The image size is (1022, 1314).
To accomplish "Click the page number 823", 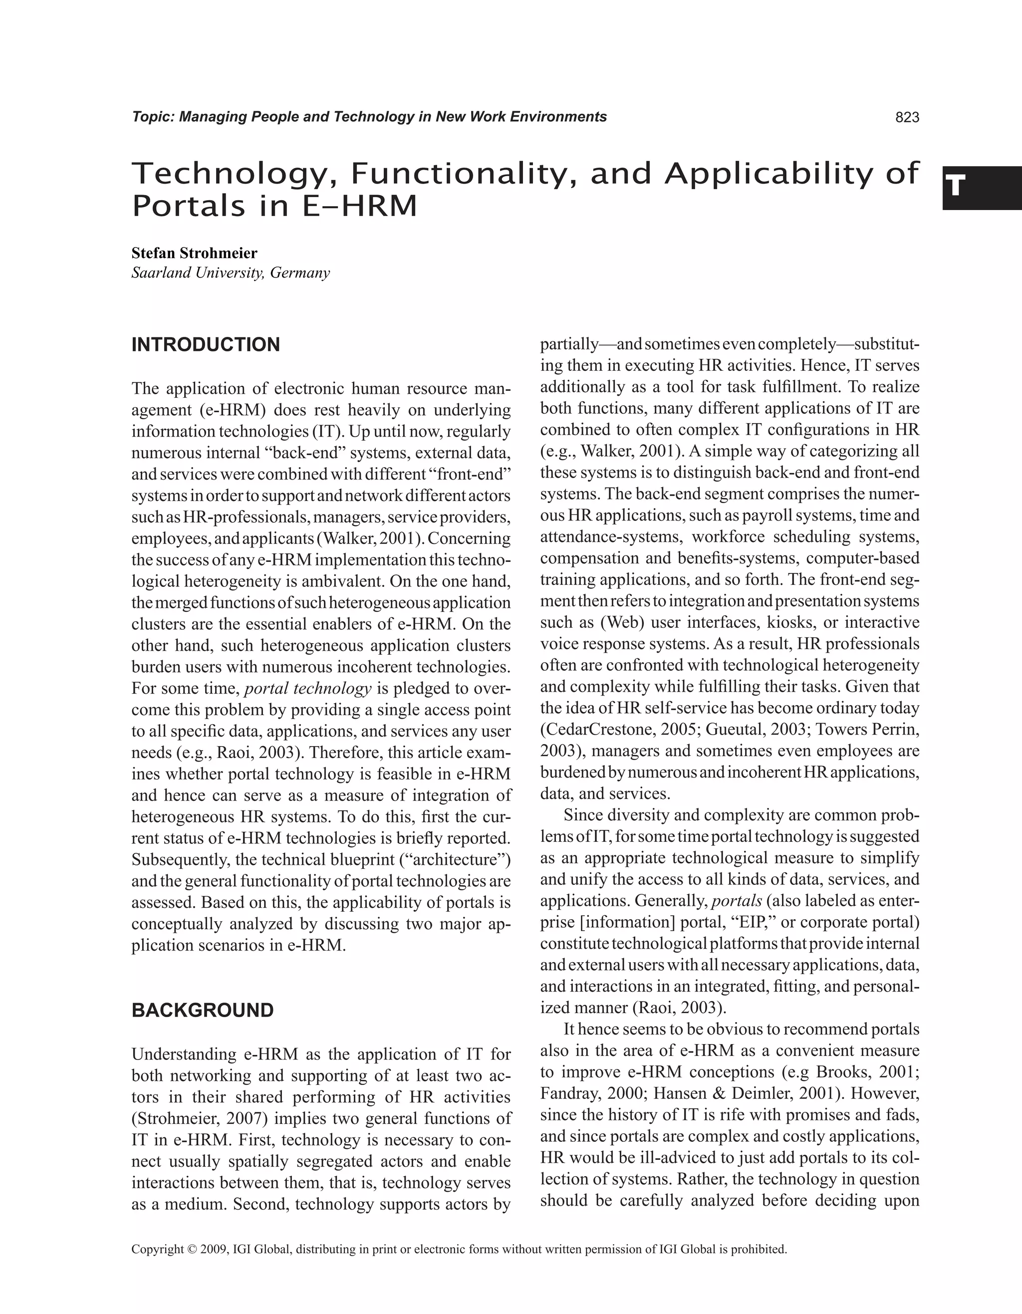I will [x=907, y=117].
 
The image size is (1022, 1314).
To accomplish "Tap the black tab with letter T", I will [x=981, y=188].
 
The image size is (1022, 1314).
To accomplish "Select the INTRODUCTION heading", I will [x=206, y=345].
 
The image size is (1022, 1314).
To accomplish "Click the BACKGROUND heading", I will [x=202, y=1010].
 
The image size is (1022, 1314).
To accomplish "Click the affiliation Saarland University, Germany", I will [x=231, y=273].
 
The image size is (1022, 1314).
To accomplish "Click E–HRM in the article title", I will [x=357, y=206].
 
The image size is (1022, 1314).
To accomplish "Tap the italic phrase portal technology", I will [x=308, y=688].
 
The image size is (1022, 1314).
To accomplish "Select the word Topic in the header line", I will [x=153, y=117].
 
